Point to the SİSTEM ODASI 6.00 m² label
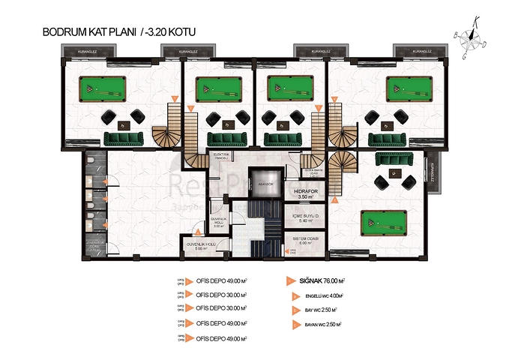coord(306,241)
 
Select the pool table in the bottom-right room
coord(382,223)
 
